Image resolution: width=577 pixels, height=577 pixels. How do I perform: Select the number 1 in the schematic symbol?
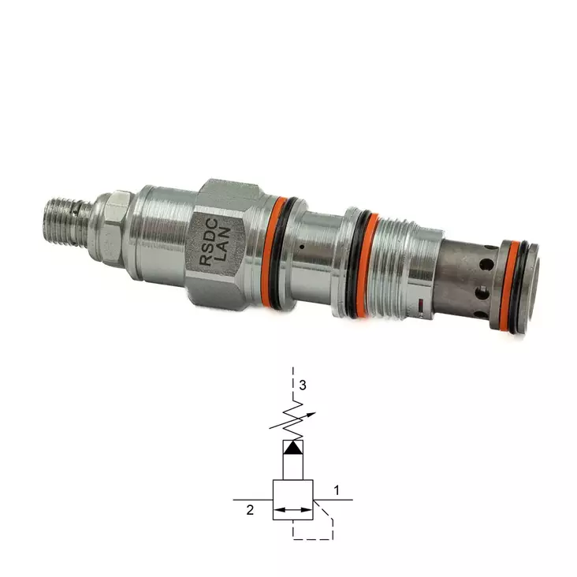coord(336,490)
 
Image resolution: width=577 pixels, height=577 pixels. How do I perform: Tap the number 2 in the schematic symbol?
coord(250,510)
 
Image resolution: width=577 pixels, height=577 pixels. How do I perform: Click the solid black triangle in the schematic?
coord(292,447)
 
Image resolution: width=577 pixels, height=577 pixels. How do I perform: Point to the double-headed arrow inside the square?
coord(292,511)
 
